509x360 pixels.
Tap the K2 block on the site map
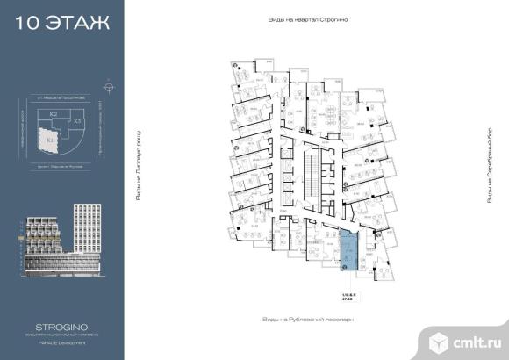[x=54, y=115]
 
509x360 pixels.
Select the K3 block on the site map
[x=77, y=120]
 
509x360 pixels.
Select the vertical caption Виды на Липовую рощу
[x=138, y=169]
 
